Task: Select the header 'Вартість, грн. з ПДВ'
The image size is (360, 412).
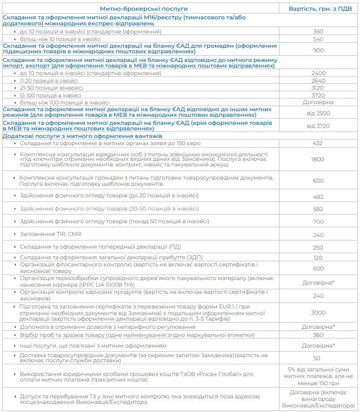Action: pos(318,9)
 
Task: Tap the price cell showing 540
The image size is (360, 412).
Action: pos(318,39)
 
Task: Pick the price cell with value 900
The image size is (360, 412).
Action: pos(318,50)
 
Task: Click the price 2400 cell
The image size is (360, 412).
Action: pos(318,73)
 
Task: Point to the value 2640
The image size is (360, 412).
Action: pos(318,81)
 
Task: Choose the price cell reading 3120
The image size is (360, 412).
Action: pos(318,88)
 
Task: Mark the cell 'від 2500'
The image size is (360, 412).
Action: pos(318,113)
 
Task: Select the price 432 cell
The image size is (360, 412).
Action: pos(318,144)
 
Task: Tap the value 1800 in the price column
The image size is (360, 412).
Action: pos(318,159)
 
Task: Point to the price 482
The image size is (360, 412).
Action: pos(318,196)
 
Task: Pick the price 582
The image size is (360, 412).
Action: pos(318,209)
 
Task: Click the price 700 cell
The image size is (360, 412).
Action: pos(318,222)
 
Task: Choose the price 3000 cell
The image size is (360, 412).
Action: pos(318,313)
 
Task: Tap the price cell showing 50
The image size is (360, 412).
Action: pos(318,358)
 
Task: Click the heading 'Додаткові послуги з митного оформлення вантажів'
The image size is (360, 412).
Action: pos(83,136)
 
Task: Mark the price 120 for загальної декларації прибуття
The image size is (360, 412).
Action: pos(318,258)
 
